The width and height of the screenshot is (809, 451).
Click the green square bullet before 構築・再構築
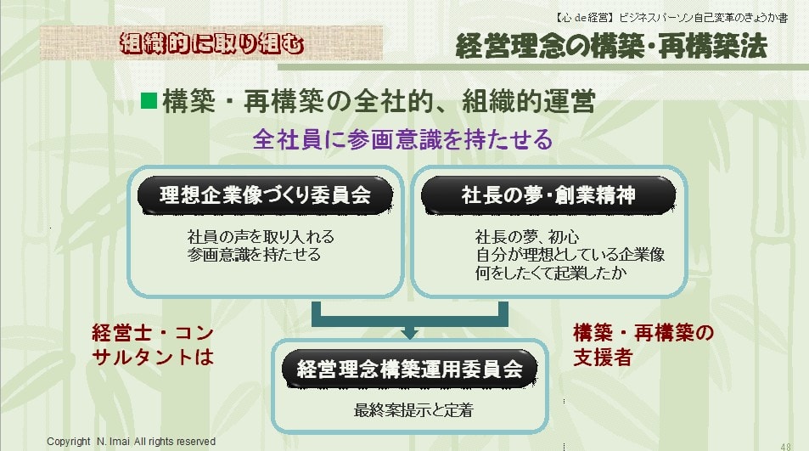149,100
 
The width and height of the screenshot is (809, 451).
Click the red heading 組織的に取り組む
211,44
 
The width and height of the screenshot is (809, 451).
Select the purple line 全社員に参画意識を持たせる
402,139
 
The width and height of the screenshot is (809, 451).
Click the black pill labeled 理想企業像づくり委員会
265,195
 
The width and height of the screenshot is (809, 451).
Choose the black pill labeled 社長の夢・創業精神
548,195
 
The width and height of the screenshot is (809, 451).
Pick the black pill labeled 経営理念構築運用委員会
410,369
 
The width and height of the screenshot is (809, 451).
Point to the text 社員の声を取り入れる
261,237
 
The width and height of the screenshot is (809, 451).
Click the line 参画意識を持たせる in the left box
254,255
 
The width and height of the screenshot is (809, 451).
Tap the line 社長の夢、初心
527,237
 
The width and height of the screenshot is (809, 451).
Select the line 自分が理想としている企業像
570,255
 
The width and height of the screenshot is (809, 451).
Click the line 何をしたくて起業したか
551,273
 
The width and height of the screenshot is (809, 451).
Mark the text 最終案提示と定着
413,410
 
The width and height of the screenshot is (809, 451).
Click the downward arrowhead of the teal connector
409,333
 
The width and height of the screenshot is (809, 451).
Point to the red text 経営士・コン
153,333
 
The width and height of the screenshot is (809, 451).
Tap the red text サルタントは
153,357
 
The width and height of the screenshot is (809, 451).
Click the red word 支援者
603,357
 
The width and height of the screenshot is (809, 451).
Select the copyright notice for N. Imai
131,441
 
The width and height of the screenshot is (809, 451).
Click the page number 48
785,447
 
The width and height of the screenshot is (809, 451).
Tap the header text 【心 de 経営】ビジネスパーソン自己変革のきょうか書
671,18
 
